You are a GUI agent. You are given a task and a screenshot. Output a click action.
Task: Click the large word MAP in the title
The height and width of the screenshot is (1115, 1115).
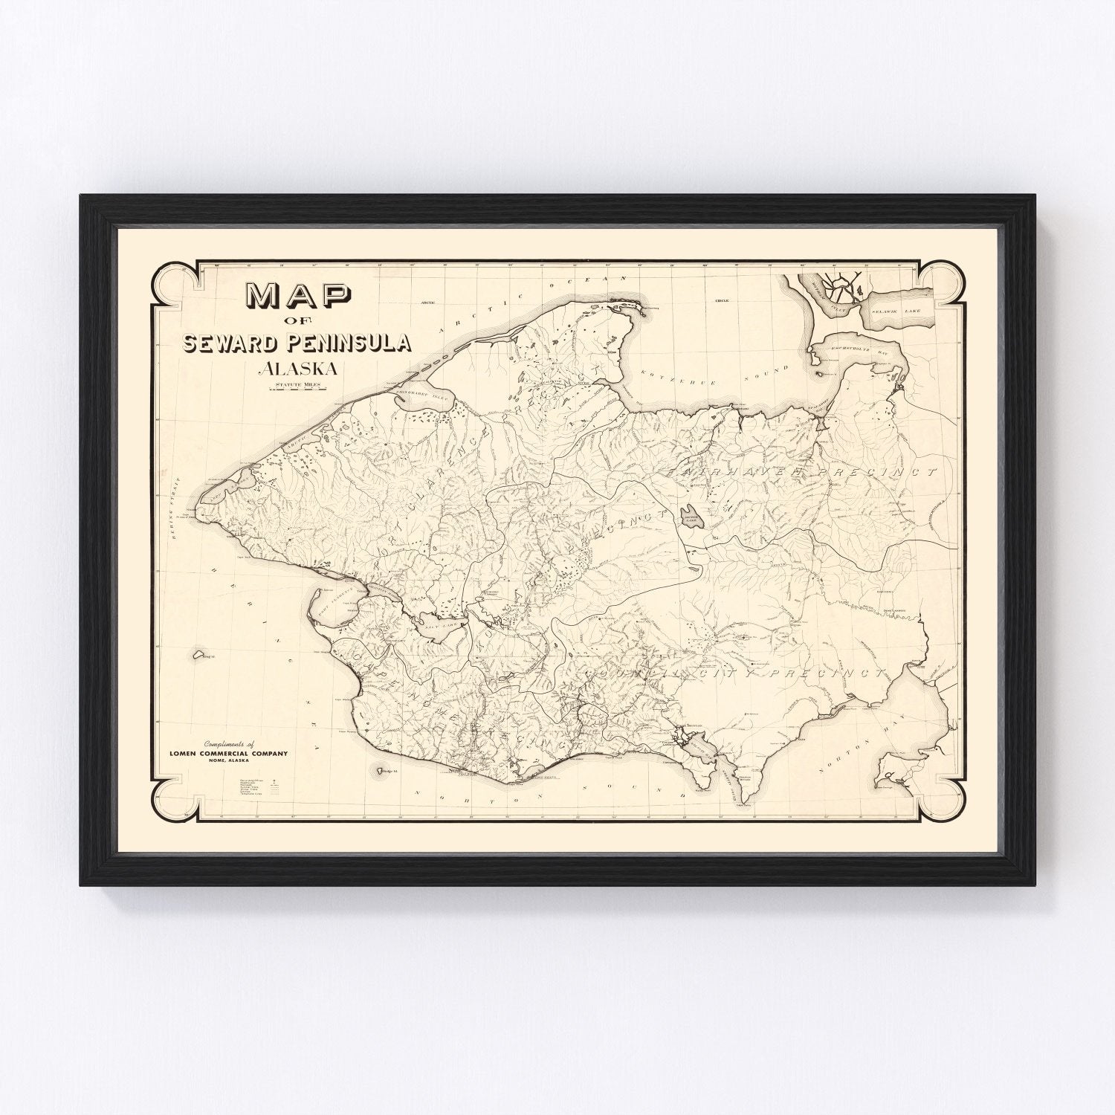300,297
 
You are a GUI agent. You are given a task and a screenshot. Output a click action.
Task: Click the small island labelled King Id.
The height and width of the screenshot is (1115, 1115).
198,656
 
